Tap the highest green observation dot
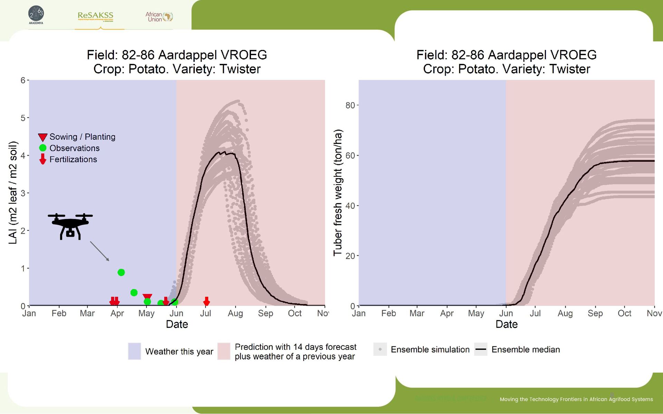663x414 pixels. [121, 272]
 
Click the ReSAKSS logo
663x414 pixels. [95, 16]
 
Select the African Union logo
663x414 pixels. [159, 17]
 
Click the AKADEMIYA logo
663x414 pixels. [36, 15]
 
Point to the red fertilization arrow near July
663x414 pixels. [206, 301]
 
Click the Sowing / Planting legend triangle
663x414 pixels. [42, 137]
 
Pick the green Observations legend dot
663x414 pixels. [42, 148]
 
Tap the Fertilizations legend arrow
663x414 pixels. [42, 159]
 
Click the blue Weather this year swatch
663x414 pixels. [134, 351]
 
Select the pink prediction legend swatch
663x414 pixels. [224, 351]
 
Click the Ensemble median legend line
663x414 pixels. [481, 349]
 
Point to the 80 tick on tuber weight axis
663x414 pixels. [350, 105]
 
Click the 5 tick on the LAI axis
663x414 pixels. [23, 118]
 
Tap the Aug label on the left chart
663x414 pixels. [235, 313]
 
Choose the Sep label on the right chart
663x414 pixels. [595, 313]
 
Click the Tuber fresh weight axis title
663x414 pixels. [337, 193]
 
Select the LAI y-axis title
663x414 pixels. [13, 193]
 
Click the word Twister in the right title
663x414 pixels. [570, 69]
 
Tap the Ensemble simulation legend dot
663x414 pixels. [380, 349]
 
